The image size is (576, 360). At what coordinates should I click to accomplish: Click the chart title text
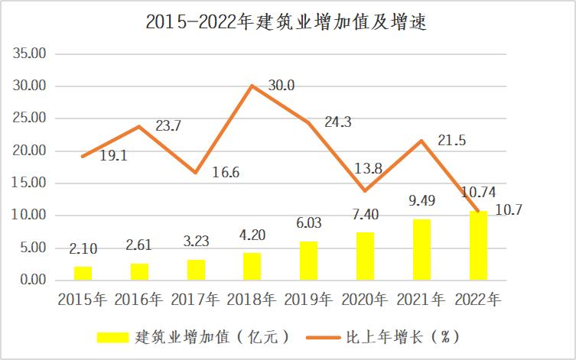pos(287,22)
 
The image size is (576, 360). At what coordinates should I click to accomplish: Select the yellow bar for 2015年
pos(83,273)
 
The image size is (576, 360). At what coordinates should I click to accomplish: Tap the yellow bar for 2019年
pos(308,261)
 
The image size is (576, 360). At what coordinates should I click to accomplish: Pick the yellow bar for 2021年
pos(421,249)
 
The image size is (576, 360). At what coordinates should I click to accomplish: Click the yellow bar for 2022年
pos(478,245)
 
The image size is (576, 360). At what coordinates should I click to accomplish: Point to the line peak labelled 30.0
pos(252,86)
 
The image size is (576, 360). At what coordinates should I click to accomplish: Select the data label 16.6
pos(225,173)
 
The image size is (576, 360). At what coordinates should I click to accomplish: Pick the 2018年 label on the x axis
pos(252,299)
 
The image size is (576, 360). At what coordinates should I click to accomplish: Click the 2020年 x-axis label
pos(366,299)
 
